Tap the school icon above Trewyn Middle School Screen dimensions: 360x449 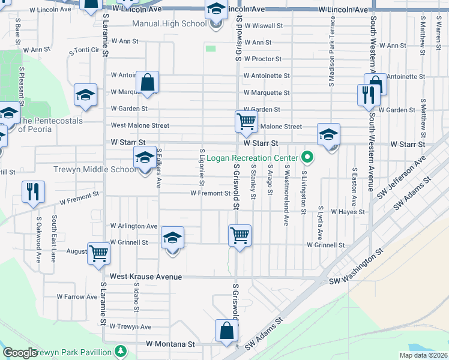[x=144, y=158]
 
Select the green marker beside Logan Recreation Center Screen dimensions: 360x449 [x=308, y=158]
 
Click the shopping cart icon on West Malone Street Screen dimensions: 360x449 [x=246, y=121]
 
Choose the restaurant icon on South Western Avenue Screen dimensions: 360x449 [x=367, y=95]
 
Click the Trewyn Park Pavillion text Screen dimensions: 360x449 [x=74, y=352]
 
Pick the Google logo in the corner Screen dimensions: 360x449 [x=19, y=353]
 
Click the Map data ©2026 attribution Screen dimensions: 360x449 [x=423, y=355]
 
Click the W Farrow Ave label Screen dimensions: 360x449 [x=77, y=296]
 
